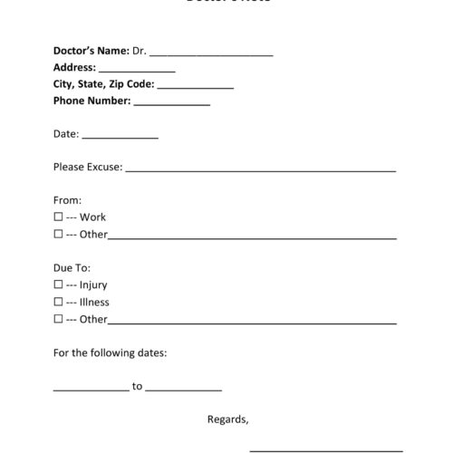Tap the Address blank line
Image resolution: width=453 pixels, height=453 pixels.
(137, 70)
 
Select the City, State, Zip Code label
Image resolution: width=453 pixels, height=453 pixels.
(103, 84)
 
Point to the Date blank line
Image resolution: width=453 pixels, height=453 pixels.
(120, 136)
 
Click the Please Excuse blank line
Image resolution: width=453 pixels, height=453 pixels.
(260, 169)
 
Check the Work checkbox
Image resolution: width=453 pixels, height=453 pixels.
(58, 217)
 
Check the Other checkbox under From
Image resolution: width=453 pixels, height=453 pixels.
(58, 235)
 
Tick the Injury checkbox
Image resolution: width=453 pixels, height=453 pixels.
(58, 284)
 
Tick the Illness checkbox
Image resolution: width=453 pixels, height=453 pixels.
(58, 302)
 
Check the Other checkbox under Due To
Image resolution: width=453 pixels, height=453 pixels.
(58, 319)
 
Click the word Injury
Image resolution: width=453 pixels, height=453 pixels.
(93, 285)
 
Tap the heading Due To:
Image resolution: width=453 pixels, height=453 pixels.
(72, 268)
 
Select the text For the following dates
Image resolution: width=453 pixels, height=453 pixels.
(110, 352)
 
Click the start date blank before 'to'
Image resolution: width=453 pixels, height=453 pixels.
(91, 388)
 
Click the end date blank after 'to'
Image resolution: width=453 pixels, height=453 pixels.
(183, 388)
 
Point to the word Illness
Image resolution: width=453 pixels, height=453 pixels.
(94, 303)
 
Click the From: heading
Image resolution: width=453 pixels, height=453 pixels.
(68, 200)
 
